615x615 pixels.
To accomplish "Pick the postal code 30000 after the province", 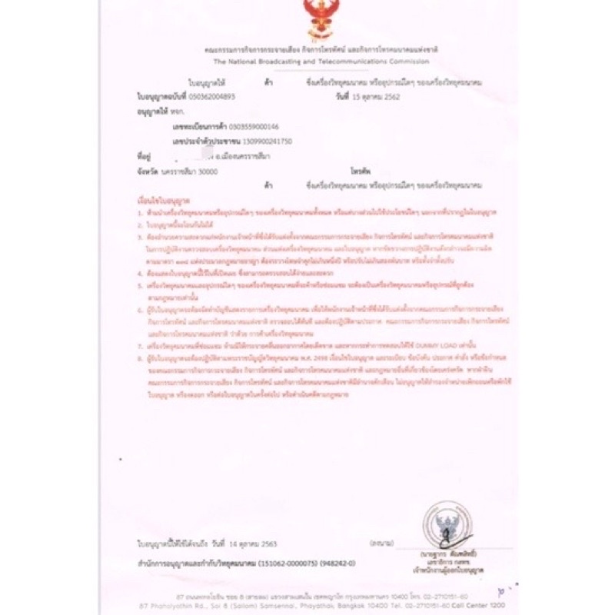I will (x=208, y=172).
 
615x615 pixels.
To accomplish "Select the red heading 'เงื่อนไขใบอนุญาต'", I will (x=158, y=199).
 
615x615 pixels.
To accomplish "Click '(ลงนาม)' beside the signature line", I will (x=377, y=544).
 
